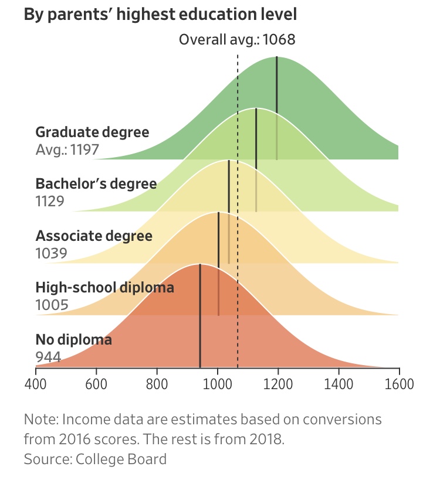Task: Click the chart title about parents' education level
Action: click(160, 15)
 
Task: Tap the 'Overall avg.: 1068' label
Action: click(237, 39)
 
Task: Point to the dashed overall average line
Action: click(238, 211)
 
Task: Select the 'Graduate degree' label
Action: click(92, 132)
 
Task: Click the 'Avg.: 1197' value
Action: click(67, 149)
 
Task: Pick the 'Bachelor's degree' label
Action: click(96, 184)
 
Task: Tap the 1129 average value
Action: click(50, 202)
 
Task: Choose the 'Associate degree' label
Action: click(94, 236)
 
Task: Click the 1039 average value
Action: click(51, 253)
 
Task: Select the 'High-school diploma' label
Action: click(105, 288)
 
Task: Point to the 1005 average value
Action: click(52, 305)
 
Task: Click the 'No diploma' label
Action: click(73, 340)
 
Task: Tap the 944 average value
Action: click(49, 357)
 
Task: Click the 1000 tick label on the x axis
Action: click(218, 384)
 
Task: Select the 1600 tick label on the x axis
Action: click(400, 384)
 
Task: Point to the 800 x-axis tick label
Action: click(157, 384)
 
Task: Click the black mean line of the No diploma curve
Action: click(200, 316)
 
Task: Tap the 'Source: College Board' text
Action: click(95, 459)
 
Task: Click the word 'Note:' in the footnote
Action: click(42, 420)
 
